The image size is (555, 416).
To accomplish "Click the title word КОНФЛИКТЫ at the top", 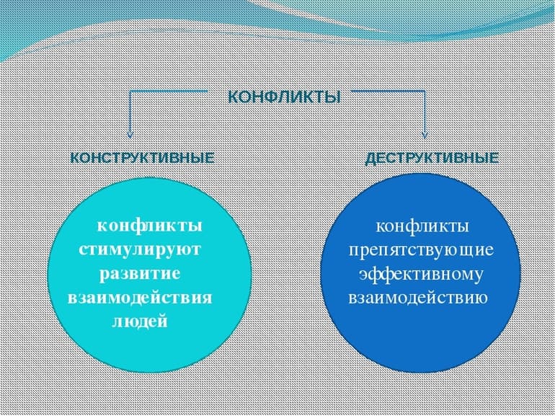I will (284, 97).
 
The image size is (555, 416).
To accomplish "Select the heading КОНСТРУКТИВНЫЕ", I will (142, 158).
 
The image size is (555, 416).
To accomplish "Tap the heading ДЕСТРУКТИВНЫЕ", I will (432, 158).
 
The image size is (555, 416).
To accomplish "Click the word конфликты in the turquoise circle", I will (149, 226).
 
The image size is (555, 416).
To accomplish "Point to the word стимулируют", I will (141, 250).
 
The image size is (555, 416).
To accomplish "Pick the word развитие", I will (140, 274).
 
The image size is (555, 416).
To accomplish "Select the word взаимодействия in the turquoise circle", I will (140, 298).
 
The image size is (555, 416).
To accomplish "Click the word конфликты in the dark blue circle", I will (422, 226).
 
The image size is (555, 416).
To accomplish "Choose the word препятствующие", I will (422, 250).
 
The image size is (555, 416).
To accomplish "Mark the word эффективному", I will (422, 274).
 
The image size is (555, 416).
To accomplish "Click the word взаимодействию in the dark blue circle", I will (418, 298).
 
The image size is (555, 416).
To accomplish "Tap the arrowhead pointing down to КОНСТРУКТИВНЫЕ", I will (130, 133).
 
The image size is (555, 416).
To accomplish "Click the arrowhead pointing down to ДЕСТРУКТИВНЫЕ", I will (425, 133).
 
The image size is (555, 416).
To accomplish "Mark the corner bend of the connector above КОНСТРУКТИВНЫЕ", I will (130, 93).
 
